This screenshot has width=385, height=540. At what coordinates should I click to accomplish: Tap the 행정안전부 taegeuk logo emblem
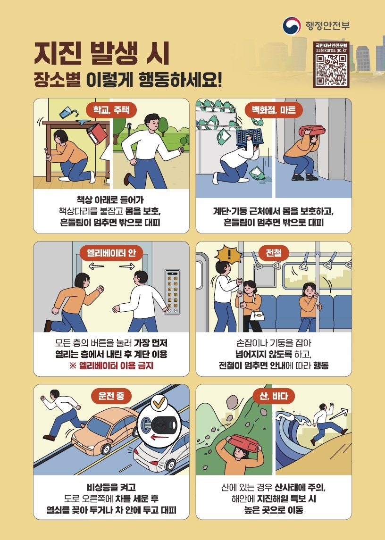pyautogui.click(x=291, y=26)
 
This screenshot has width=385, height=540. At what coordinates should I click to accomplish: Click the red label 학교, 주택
pyautogui.click(x=111, y=110)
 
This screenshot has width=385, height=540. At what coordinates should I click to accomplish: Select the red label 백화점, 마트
pyautogui.click(x=274, y=110)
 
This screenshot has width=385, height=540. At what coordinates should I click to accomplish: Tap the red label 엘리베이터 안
pyautogui.click(x=111, y=253)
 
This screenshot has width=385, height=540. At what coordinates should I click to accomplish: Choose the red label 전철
pyautogui.click(x=274, y=253)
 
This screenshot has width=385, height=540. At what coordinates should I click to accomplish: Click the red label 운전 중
pyautogui.click(x=111, y=396)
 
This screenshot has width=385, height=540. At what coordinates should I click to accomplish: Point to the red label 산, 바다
pyautogui.click(x=274, y=396)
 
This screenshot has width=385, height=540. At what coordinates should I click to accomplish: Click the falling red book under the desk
pyautogui.click(x=98, y=134)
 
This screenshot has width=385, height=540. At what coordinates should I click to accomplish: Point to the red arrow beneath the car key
pyautogui.click(x=160, y=437)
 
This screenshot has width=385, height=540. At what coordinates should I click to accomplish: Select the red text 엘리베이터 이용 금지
pyautogui.click(x=116, y=366)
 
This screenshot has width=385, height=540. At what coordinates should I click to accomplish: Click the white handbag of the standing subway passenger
pyautogui.click(x=257, y=316)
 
